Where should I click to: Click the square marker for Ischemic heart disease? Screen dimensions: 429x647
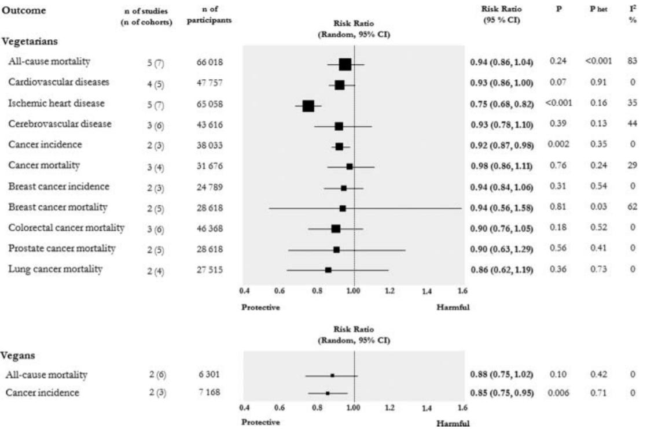tap(308, 106)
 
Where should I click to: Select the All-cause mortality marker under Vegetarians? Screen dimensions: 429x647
tap(345, 64)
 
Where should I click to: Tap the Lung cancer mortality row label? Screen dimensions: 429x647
tap(56, 269)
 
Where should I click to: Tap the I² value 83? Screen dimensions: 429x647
tap(635, 61)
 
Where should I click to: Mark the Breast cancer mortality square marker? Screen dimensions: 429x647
tap(343, 208)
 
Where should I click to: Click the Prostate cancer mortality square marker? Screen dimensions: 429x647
tap(336, 250)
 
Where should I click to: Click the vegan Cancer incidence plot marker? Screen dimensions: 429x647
tap(328, 393)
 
